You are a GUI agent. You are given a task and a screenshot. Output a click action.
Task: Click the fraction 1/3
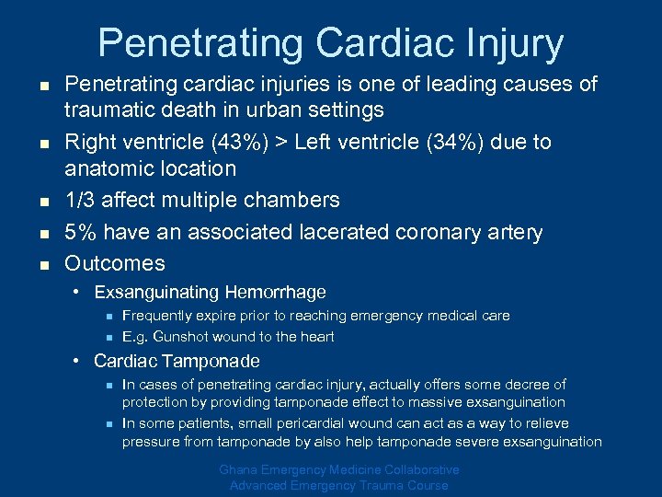[79, 201]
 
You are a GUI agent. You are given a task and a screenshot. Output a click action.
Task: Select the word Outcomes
[115, 263]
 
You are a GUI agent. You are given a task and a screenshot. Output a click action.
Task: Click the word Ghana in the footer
[240, 470]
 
